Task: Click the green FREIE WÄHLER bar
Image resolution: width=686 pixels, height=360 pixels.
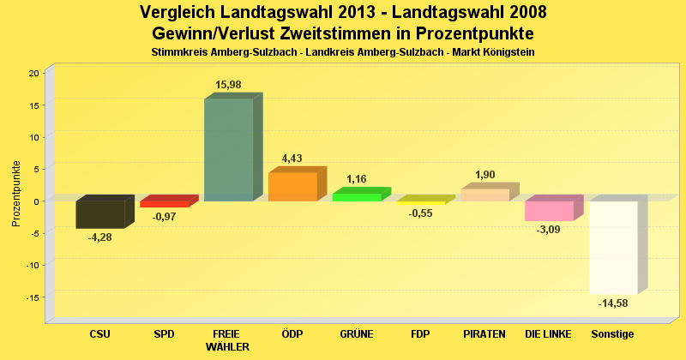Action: (228, 150)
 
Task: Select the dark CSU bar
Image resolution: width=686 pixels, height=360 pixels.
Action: (100, 214)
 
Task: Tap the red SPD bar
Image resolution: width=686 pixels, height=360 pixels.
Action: (165, 204)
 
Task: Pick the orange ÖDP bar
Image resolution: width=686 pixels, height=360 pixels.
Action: (292, 187)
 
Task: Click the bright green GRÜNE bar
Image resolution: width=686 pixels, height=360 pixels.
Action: (357, 197)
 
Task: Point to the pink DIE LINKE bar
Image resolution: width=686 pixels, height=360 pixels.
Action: (549, 211)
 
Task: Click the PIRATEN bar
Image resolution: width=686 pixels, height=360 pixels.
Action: (484, 195)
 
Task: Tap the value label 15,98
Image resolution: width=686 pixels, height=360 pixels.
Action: (228, 84)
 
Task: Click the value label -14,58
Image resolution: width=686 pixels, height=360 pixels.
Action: (614, 303)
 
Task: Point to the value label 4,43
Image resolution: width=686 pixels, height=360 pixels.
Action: (293, 158)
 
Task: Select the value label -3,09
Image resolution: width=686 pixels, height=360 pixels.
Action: (550, 230)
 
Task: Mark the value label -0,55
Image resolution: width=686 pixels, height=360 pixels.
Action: (421, 213)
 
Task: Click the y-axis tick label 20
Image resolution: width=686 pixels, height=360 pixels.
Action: (33, 73)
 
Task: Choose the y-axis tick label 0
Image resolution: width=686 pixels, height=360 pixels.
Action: (36, 201)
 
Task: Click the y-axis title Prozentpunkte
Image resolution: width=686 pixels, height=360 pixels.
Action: (15, 193)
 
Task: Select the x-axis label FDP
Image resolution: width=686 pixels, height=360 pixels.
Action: (420, 333)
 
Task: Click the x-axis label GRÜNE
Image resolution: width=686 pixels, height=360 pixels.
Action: (356, 333)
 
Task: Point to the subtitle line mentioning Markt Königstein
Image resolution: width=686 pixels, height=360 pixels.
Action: (343, 52)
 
